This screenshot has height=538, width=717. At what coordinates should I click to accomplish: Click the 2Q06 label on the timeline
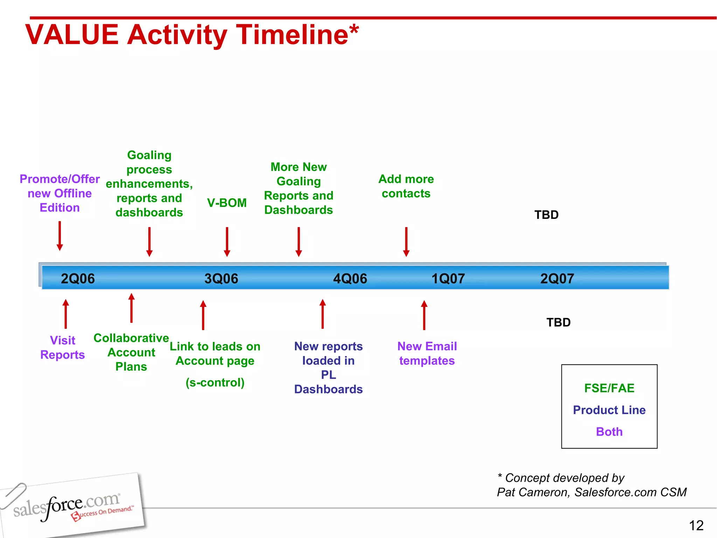pos(78,278)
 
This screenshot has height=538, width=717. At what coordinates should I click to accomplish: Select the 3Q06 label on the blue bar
pos(221,278)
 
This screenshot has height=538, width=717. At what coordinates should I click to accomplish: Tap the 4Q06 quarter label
pos(350,278)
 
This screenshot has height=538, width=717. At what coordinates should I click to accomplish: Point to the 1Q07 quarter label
pos(448,278)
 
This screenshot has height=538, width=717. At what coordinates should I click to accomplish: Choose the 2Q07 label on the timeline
pos(557,278)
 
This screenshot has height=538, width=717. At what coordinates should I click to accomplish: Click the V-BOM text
pos(227,203)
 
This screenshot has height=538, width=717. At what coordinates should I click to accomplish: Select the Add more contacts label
pos(406,186)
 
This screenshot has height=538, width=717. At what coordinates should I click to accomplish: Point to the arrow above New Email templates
pos(424,315)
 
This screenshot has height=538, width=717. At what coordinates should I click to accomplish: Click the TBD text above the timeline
pos(546,215)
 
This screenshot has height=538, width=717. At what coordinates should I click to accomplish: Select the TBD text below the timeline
pos(558,322)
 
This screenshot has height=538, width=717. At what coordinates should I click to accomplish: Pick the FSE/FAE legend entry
pos(609,388)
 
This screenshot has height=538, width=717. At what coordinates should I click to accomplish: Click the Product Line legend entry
pos(609,410)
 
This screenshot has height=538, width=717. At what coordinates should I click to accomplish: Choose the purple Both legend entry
pos(609,432)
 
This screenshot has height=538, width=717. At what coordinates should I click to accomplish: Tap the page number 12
pos(696,525)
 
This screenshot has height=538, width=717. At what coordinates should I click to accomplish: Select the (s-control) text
pos(215,382)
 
